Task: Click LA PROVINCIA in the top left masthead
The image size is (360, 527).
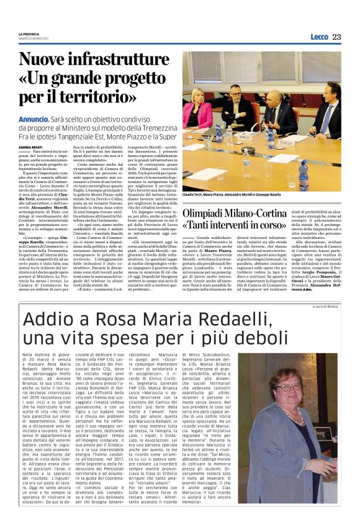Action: click(29, 34)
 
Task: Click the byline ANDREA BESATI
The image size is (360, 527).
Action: click(30, 147)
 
